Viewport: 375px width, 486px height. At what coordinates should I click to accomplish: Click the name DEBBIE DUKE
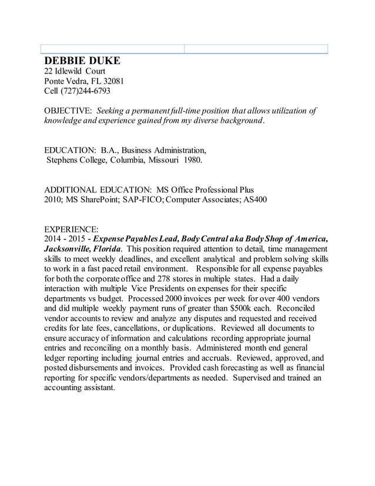(x=82, y=61)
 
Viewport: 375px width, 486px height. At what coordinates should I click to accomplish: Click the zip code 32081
(x=112, y=81)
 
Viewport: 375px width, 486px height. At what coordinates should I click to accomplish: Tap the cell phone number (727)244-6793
(x=85, y=91)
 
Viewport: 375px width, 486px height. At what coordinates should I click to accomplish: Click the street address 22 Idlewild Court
(x=75, y=71)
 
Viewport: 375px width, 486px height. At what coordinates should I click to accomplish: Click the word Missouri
(x=162, y=159)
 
